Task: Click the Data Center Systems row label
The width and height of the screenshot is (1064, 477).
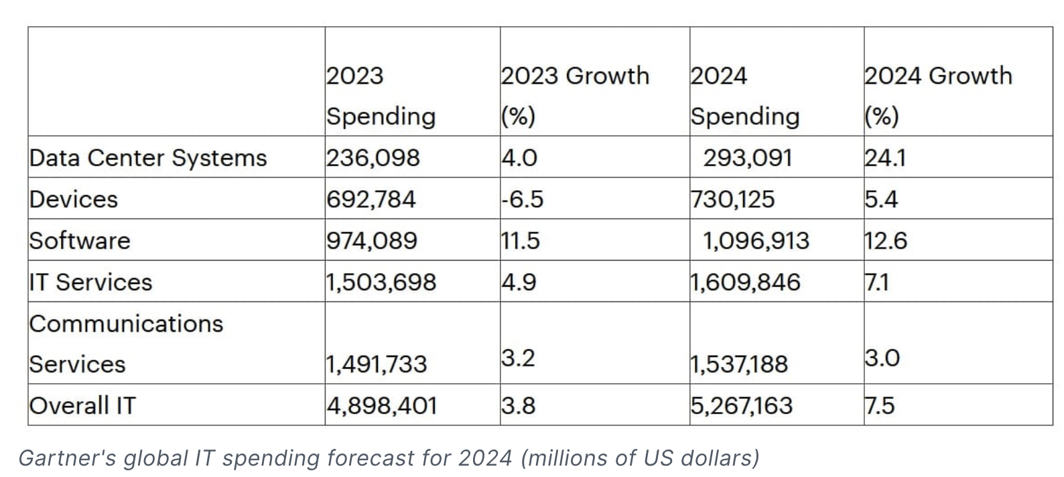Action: pos(148,158)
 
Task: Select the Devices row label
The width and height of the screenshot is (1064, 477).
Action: pos(73,200)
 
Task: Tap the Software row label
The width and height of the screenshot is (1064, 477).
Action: pos(79,241)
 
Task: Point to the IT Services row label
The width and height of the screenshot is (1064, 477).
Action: pos(90,283)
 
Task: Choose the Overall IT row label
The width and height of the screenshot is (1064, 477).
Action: pos(82,406)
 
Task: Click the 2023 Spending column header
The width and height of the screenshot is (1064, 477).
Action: pos(381,96)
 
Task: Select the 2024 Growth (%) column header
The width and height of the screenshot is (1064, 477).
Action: pos(937,96)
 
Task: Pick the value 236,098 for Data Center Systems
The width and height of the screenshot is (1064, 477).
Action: pos(373,158)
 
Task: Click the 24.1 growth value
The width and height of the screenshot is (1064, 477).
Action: pos(884,158)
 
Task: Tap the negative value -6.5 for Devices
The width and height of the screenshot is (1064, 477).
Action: pos(522,200)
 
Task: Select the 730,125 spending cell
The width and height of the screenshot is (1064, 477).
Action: pos(732,200)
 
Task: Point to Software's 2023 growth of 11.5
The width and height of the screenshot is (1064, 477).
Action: pos(520,241)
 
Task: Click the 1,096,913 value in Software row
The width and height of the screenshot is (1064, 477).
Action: pos(756,241)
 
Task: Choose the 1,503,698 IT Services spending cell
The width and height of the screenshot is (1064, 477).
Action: pos(381,283)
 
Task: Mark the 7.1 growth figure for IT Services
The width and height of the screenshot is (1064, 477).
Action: pos(876,283)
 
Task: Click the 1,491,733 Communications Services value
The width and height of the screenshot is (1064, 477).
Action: pos(376,364)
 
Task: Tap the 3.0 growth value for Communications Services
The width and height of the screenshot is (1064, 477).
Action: pos(882,358)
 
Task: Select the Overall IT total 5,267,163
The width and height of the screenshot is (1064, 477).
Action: pos(741,406)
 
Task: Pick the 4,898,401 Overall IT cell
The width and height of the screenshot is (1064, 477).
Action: pos(381,406)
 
